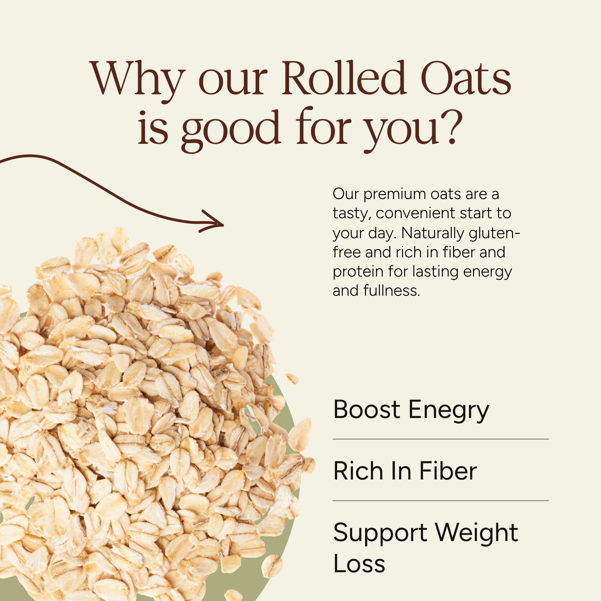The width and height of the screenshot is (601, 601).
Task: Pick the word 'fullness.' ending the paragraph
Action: tap(392, 291)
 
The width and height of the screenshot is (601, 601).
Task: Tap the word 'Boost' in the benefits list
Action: tap(367, 409)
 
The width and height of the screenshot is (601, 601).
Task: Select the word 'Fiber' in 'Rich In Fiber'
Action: tap(448, 471)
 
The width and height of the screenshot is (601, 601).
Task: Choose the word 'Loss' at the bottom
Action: tap(359, 564)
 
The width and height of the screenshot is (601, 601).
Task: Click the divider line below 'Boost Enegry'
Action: tap(440, 439)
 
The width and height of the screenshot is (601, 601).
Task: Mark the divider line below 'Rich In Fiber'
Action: tap(440, 501)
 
